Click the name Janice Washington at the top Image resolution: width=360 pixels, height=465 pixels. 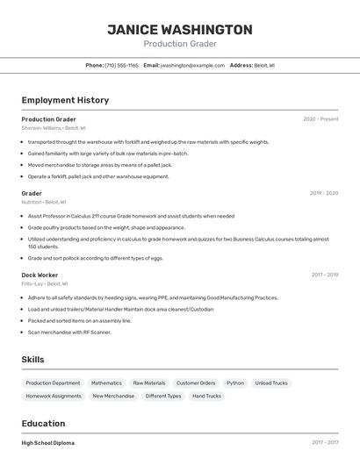coord(180,30)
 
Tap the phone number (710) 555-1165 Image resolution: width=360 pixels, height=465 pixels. coord(121,65)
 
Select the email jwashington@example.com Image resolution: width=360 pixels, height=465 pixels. coord(193,65)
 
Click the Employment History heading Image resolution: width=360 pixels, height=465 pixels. coord(65,100)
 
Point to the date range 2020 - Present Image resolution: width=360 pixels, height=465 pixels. coord(320,119)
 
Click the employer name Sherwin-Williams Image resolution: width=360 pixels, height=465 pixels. coord(41,128)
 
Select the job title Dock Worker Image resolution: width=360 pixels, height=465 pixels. coord(40,275)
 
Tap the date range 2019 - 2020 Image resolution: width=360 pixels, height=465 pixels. coord(324,193)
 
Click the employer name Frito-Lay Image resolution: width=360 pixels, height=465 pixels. coord(32,283)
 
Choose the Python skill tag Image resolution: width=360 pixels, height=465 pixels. coord(235,383)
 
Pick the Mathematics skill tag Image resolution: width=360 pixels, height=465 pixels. coord(106,383)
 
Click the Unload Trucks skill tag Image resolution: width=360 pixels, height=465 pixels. coord(270,383)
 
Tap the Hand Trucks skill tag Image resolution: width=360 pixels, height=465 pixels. coord(206,396)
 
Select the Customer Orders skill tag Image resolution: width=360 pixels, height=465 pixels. coord(196,383)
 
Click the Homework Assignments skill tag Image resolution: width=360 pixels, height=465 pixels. coord(54,396)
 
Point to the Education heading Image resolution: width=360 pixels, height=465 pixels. coord(43,423)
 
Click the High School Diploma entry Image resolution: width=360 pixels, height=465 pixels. coord(48,443)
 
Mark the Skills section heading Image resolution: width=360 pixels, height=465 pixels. coord(32,360)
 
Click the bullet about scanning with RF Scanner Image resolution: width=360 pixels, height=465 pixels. coord(69,333)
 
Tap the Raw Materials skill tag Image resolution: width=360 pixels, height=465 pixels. coord(149,383)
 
